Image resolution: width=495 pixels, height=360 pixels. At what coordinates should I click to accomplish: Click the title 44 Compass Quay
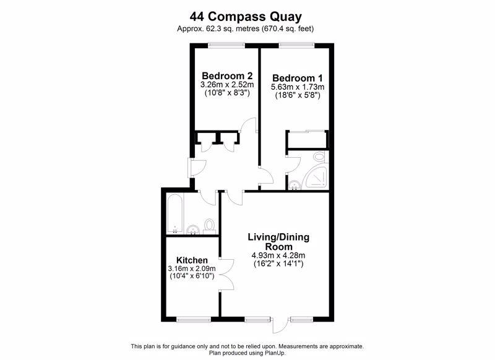click(x=246, y=17)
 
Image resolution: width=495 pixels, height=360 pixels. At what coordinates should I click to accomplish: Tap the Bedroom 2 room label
click(x=227, y=76)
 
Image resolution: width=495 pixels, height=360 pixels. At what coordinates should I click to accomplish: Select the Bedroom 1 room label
click(x=298, y=78)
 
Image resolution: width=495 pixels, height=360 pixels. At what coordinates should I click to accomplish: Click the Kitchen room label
click(x=192, y=260)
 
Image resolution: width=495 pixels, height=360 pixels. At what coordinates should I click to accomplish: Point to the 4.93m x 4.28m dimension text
click(x=278, y=255)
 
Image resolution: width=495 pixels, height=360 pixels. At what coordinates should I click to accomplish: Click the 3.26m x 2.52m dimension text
click(x=227, y=85)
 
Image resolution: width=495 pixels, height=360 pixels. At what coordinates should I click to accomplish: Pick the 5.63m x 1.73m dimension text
click(x=298, y=87)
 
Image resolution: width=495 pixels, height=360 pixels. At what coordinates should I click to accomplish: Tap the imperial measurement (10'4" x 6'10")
click(x=192, y=276)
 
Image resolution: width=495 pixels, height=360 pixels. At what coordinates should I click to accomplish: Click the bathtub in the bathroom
click(x=174, y=213)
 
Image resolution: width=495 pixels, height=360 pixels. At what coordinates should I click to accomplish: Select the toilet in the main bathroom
click(x=209, y=226)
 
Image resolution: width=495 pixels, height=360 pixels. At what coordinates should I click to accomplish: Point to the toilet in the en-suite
click(x=319, y=157)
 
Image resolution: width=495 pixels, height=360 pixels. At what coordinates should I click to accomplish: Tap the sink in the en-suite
click(x=295, y=185)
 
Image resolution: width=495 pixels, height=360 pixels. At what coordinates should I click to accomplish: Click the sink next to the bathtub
click(x=192, y=230)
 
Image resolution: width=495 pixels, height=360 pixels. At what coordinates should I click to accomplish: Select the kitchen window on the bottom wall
click(x=194, y=319)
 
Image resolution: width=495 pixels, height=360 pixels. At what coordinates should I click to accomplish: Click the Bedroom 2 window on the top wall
click(x=226, y=45)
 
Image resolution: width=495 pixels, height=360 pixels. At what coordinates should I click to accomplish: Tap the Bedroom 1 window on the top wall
click(x=297, y=45)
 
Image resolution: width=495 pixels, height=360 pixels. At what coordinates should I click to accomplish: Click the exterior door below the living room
click(x=280, y=324)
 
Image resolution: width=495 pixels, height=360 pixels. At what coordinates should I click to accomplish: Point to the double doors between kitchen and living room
click(x=227, y=275)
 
